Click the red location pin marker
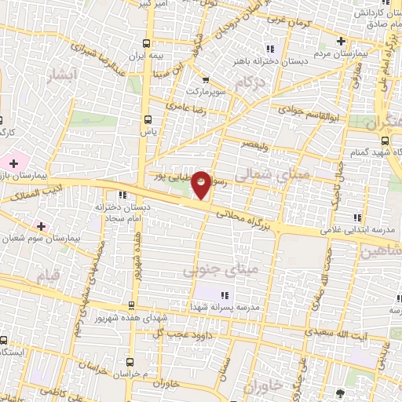coord(202,185)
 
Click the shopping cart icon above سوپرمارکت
coord(204,79)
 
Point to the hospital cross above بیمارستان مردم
coord(340,42)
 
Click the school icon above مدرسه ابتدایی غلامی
coord(358,217)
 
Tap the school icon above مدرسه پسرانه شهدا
coord(224,295)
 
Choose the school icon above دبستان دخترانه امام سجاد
coord(122,196)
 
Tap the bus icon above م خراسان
coord(130,364)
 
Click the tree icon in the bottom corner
coord(339,393)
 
